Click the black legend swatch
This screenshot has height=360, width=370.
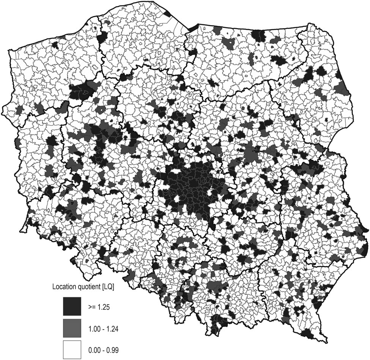click(72, 306)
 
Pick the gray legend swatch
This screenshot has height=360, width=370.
click(72, 327)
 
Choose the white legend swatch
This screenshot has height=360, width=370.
click(72, 349)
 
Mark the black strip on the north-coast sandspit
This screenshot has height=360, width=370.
click(193, 27)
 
